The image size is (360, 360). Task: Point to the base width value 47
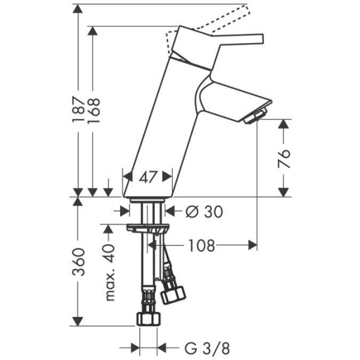click(148, 177)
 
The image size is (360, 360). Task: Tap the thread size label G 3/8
click(198, 348)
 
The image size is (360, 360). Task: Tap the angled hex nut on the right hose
click(173, 293)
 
